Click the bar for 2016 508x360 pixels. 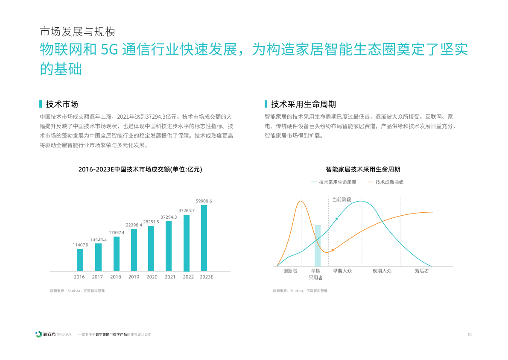pos(80,260)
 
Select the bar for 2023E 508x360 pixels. pos(204,238)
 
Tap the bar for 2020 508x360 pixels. pos(151,248)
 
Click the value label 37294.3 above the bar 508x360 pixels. pos(169,217)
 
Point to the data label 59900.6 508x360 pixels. pos(204,201)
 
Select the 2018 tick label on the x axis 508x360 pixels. pos(115,277)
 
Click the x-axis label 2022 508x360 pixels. pos(188,277)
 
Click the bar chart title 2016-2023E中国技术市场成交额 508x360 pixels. pos(140,170)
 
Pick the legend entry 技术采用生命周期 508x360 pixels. pos(334,182)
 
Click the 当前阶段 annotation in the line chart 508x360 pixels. pos(342,199)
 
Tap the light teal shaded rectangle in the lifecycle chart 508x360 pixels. pos(318,246)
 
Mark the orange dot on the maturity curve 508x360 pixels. pos(333,250)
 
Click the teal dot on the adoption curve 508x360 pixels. pos(337,219)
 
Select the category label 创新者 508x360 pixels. pos(290,271)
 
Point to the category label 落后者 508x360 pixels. pos(422,271)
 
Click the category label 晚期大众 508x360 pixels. pos(382,271)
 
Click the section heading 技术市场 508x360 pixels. pos(62,104)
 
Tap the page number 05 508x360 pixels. pos(470,334)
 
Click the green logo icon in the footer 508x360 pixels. pos(38,334)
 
